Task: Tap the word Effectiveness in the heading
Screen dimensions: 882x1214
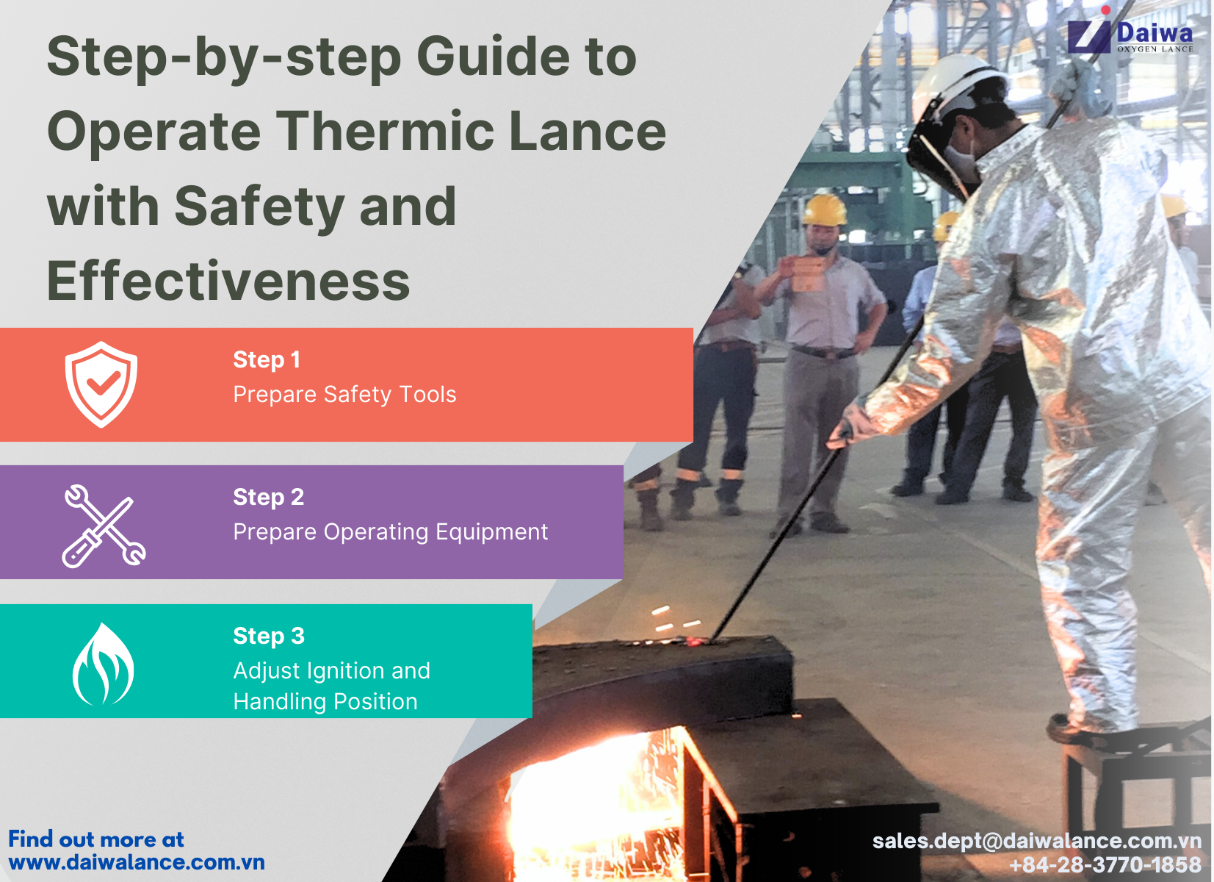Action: coord(228,282)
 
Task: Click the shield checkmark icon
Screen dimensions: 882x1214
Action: coord(101,384)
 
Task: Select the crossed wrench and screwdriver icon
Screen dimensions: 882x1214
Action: coord(104,526)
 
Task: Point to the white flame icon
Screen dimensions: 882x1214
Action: coord(103,664)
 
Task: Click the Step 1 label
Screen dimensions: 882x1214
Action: coord(267,359)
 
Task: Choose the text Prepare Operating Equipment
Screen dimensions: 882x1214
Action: coord(390,531)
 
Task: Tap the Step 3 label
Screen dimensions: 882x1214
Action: coord(269,636)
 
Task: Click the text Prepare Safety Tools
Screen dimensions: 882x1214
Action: coord(344,395)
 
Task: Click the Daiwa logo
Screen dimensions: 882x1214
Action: coord(1131,35)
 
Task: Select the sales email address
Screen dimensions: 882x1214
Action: coord(1036,841)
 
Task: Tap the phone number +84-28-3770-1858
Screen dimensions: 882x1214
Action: coord(1105,865)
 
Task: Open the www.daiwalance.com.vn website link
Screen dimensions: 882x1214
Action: coord(137,862)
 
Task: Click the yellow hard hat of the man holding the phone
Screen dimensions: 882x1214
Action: coord(825,209)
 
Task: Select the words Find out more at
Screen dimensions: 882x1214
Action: coord(96,839)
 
